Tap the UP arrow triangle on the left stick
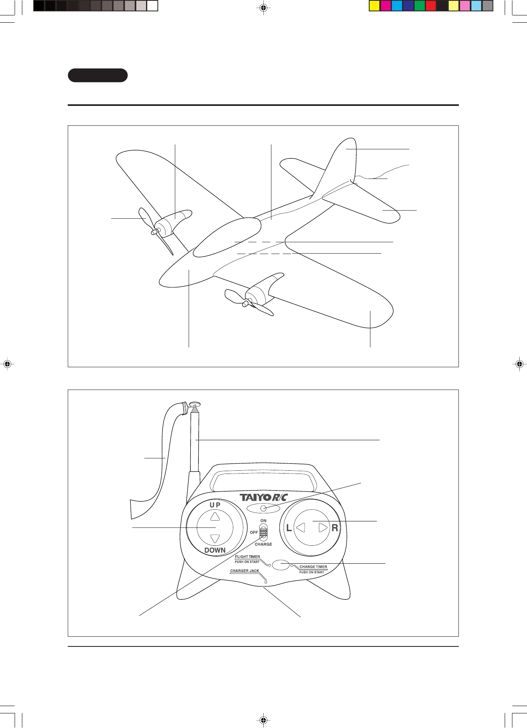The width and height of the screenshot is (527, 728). [x=215, y=516]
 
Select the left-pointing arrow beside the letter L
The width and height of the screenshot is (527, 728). [x=301, y=528]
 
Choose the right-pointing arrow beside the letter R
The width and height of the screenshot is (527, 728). [x=323, y=528]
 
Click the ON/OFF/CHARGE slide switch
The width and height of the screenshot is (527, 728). [x=263, y=532]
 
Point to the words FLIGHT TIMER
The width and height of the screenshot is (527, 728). [x=247, y=557]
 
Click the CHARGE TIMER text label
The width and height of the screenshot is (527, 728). [x=313, y=567]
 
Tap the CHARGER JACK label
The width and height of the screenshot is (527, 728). [x=245, y=571]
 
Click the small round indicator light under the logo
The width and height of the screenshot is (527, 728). [x=263, y=508]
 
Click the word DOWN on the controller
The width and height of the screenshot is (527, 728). [x=215, y=550]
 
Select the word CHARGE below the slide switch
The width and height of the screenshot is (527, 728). [x=263, y=544]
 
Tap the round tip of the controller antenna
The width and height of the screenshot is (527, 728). [x=195, y=404]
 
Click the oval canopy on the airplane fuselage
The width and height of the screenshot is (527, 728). [x=226, y=237]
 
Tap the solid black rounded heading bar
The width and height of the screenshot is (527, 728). [x=98, y=75]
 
